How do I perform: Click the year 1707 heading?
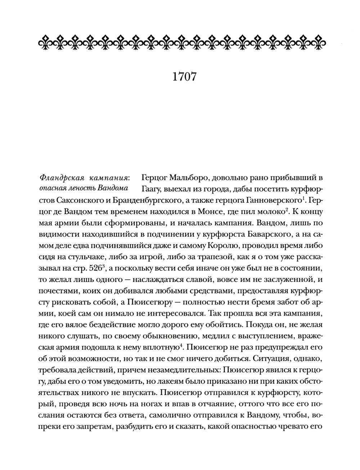180,77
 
